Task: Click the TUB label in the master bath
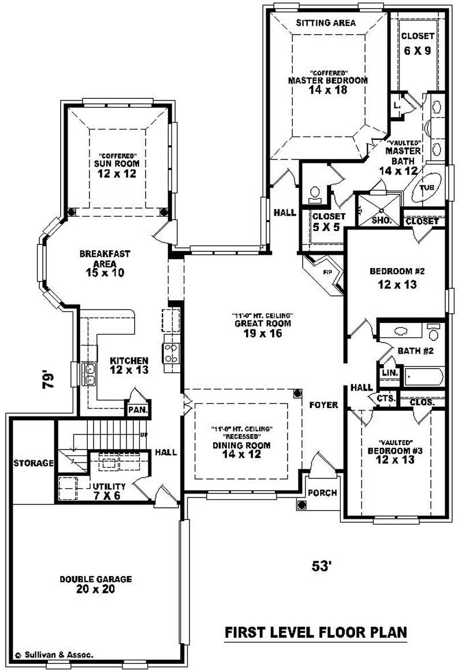tap(426, 188)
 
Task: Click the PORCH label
tap(322, 492)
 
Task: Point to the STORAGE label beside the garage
tap(33, 463)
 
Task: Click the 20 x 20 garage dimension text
tap(96, 589)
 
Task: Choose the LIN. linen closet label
tap(389, 373)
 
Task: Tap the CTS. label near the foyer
tap(385, 399)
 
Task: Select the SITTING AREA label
tap(326, 23)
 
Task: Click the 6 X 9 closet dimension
tap(418, 50)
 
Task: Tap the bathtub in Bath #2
tap(423, 377)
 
